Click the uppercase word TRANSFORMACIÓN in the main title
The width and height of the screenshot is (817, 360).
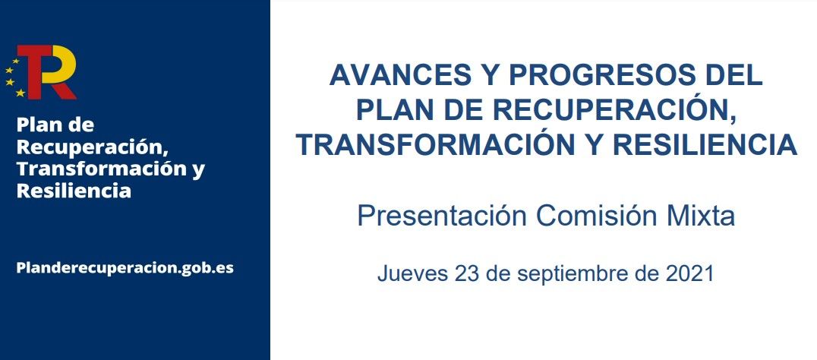point(436,144)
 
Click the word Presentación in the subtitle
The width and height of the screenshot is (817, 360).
point(442,216)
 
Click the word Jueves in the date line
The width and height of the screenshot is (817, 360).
point(412,273)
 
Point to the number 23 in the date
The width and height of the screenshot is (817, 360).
point(468,273)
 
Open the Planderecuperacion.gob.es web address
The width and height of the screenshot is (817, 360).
point(125,268)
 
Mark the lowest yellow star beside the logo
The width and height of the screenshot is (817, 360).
point(21,93)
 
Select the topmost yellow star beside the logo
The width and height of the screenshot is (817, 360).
point(16,61)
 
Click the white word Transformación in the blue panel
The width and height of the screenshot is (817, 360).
point(104,169)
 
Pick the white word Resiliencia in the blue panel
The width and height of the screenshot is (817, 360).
point(74,191)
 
